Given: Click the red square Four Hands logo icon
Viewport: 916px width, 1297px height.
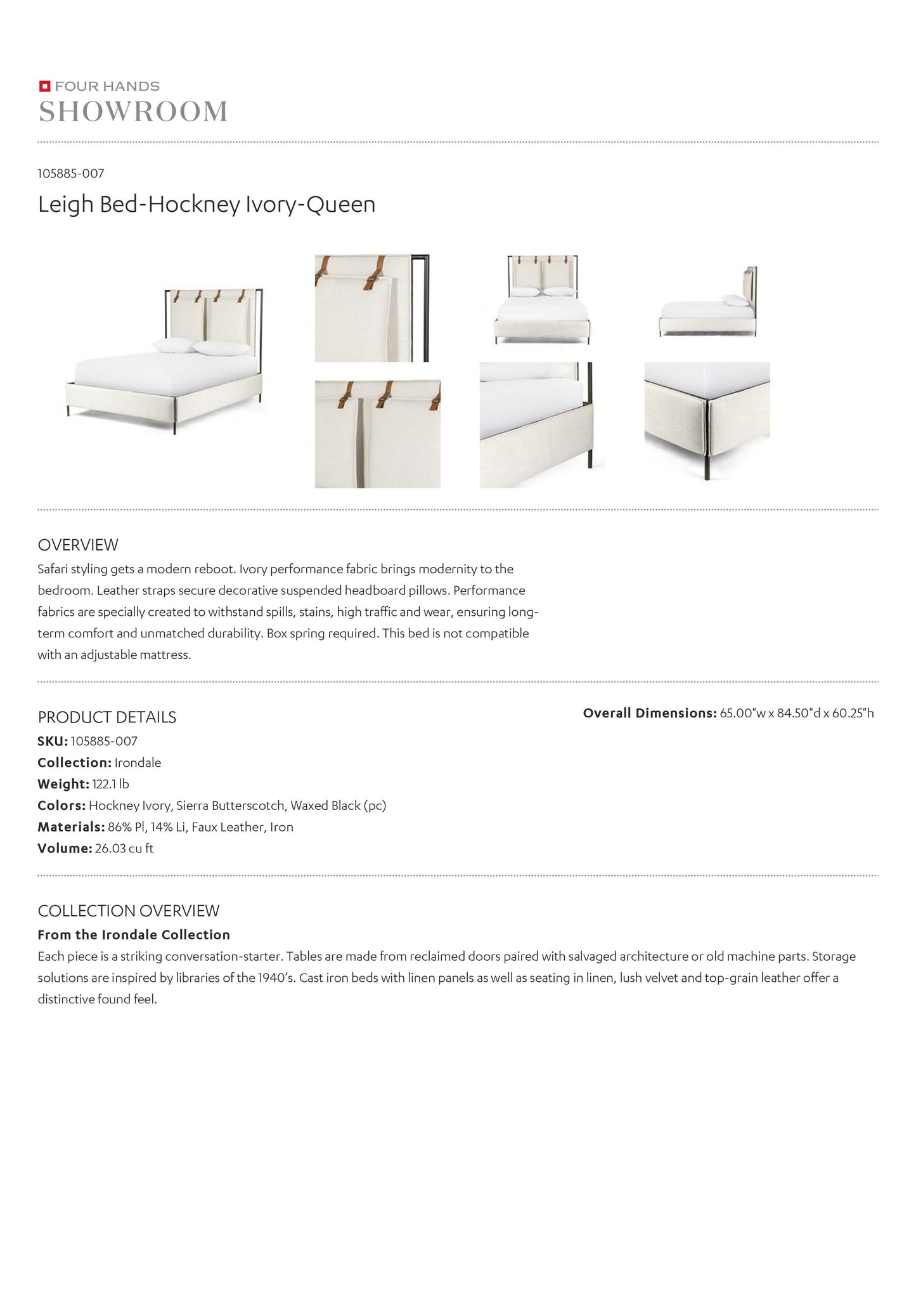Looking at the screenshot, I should click(44, 86).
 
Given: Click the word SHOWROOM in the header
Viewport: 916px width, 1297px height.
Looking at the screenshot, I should click(133, 112).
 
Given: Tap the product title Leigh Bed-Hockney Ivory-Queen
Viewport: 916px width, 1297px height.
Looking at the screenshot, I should click(207, 204).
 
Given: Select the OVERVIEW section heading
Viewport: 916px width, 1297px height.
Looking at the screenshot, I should click(78, 545).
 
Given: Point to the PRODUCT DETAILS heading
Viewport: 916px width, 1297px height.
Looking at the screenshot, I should click(107, 717).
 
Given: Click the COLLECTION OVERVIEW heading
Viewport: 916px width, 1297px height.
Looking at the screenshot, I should click(129, 911).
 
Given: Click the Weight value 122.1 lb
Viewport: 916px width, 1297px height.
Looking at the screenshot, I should click(110, 784).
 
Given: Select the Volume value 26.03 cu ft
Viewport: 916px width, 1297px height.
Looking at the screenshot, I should click(124, 849).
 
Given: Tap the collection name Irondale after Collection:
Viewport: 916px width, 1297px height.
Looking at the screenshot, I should click(138, 762).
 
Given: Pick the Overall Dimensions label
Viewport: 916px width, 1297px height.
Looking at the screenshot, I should click(650, 713).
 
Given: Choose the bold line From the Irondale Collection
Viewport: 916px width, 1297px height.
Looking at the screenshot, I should click(134, 935).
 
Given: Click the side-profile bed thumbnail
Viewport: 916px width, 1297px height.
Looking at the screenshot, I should click(707, 302).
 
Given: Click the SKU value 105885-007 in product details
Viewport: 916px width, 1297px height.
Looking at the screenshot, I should click(104, 741).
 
